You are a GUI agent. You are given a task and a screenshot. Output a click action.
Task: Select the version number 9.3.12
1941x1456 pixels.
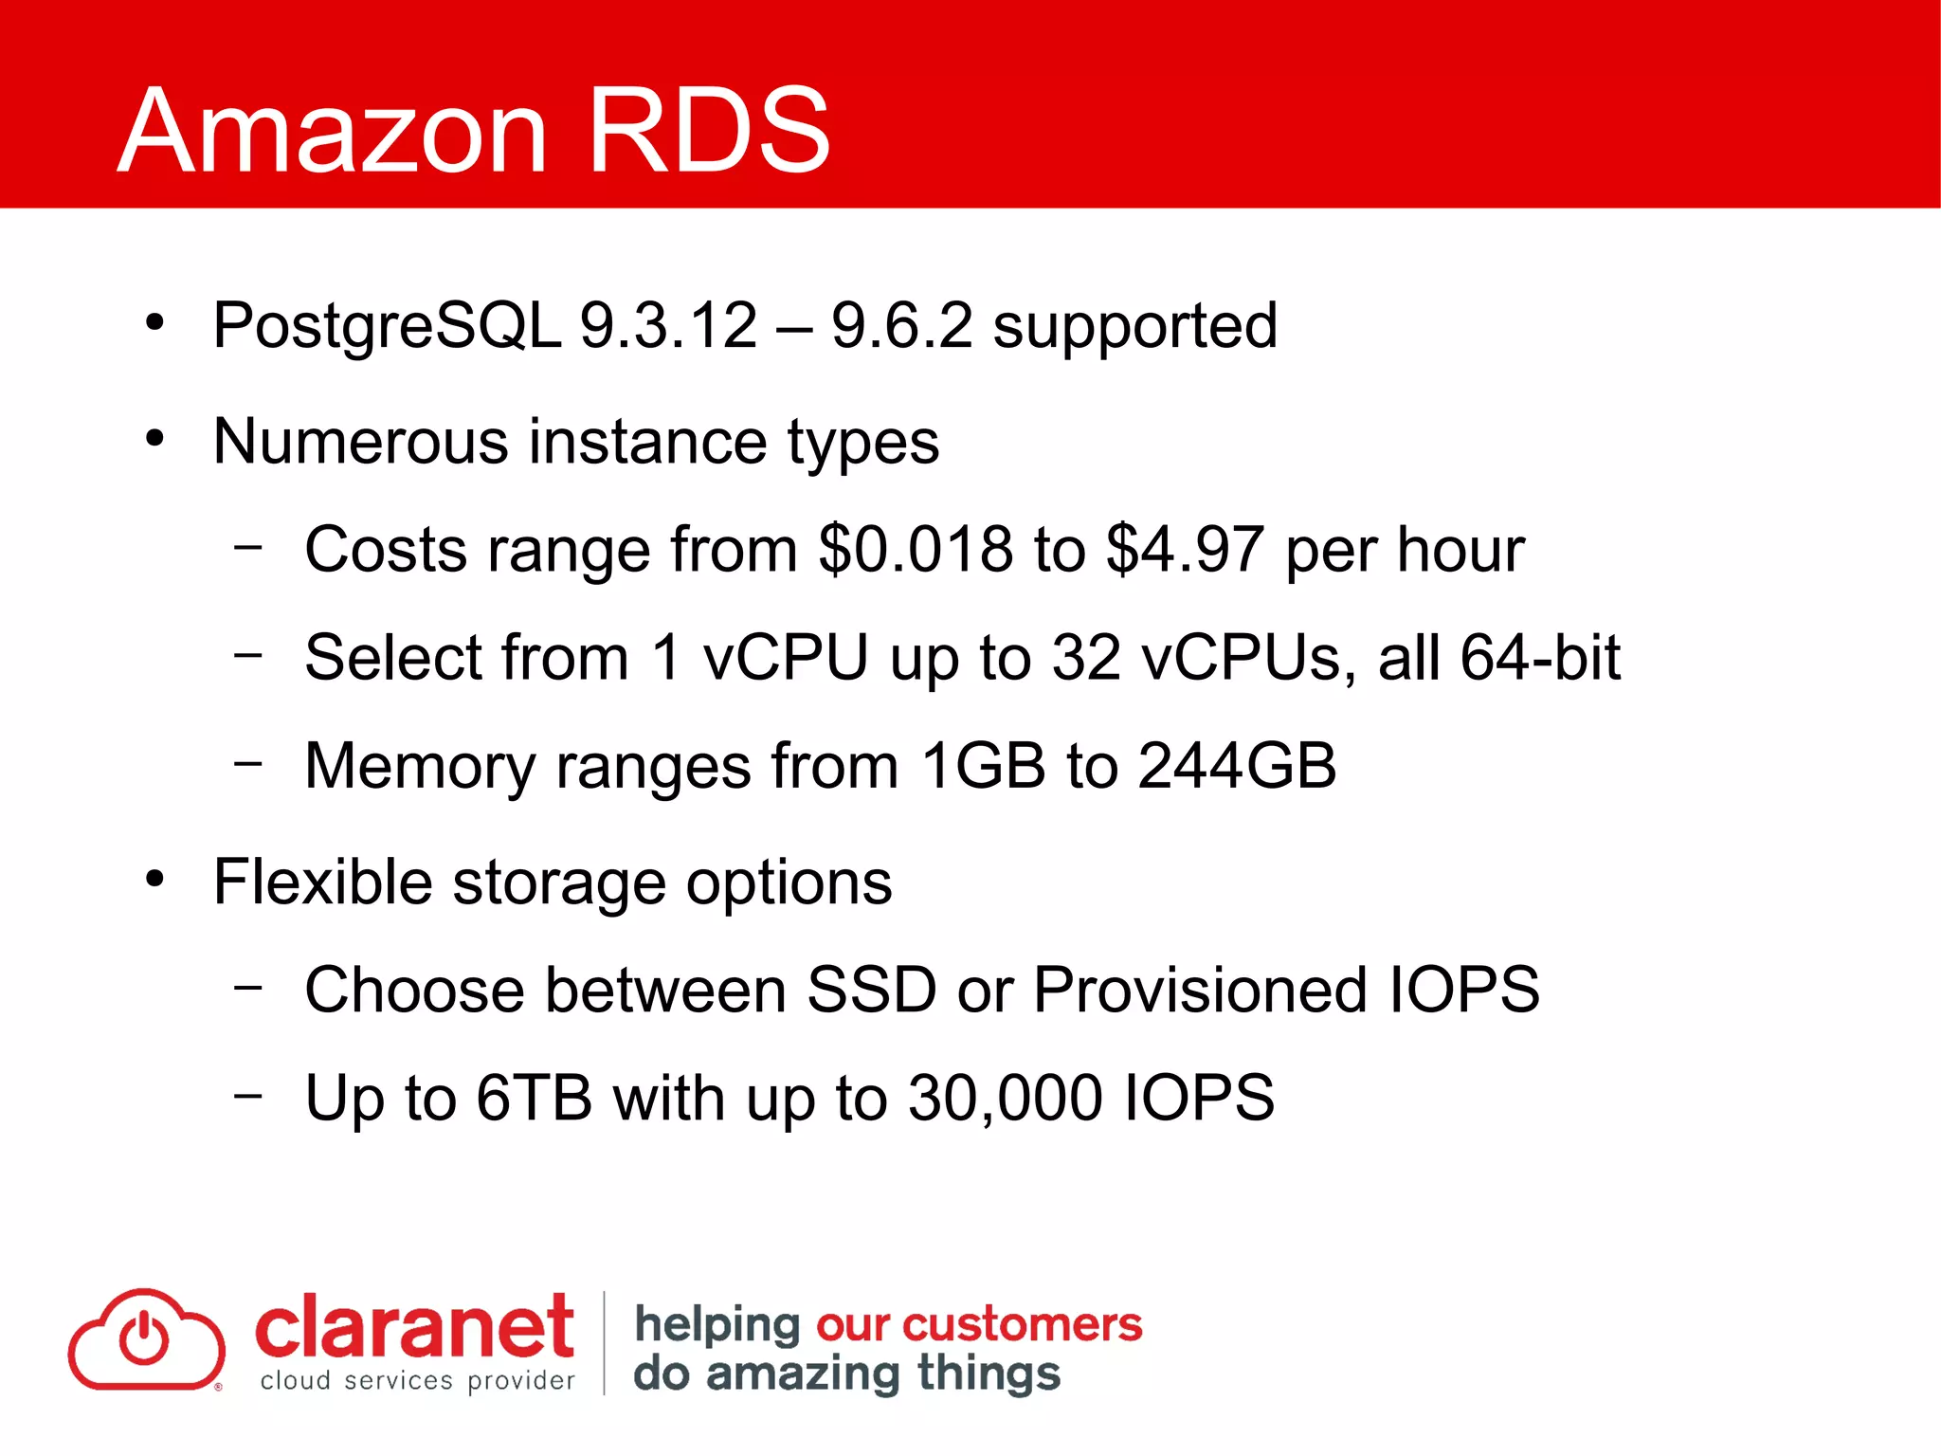pyautogui.click(x=668, y=325)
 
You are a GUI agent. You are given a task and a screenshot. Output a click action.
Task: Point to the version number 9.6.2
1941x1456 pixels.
pyautogui.click(x=901, y=325)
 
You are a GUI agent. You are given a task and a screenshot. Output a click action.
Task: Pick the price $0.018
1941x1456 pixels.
pyautogui.click(x=916, y=550)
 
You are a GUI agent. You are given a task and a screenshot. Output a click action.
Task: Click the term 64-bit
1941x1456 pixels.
pyautogui.click(x=1540, y=657)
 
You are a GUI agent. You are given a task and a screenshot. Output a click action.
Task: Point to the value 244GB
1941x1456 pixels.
pyautogui.click(x=1237, y=765)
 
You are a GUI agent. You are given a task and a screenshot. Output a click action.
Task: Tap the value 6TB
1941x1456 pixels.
pyautogui.click(x=535, y=1099)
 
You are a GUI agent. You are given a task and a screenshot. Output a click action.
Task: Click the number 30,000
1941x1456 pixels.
pyautogui.click(x=1006, y=1099)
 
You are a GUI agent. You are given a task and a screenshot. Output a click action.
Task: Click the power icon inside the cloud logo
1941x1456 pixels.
pyautogui.click(x=144, y=1339)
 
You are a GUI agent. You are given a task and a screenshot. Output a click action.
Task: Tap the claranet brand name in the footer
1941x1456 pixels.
pyautogui.click(x=414, y=1327)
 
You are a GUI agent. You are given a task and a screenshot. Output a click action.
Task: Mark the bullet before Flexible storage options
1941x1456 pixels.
pyautogui.click(x=155, y=879)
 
